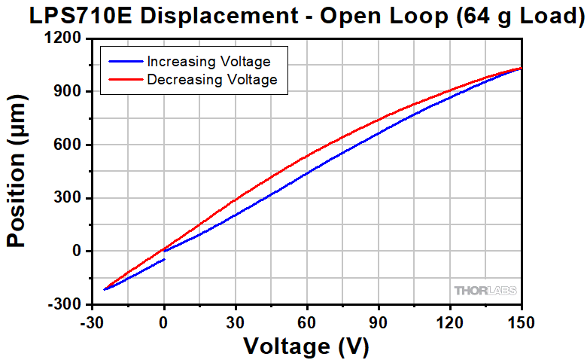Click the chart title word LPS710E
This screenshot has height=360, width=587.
coord(82,17)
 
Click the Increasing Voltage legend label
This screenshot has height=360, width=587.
coord(208,61)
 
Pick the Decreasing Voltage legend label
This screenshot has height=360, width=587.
coord(212,78)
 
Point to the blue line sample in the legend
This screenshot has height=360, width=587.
coord(126,61)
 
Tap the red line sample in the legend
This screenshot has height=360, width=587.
coord(126,78)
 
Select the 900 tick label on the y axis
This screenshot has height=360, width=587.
coord(69,91)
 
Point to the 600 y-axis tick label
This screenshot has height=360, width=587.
coord(69,145)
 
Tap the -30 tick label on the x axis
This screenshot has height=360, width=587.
coord(92,322)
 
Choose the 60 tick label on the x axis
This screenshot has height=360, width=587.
coord(307,322)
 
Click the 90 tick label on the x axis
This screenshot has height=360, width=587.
coord(379,322)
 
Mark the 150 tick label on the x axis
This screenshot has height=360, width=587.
coord(521,322)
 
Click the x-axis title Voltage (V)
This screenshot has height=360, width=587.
coord(306,346)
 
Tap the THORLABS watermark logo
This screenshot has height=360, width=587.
coord(485,291)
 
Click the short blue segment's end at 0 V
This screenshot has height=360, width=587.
coord(164,259)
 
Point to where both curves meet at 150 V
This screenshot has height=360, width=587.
coord(521,69)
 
